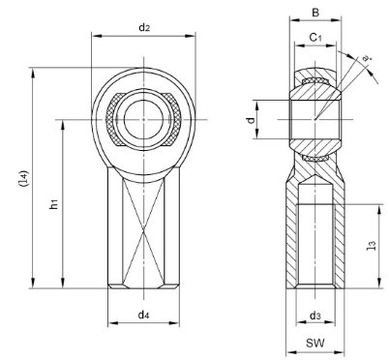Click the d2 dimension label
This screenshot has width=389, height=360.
point(144,28)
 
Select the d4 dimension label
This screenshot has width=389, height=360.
point(143,315)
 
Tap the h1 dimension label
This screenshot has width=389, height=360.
point(54,204)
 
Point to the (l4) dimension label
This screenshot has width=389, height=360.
point(24,178)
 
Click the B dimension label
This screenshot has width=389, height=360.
point(315,13)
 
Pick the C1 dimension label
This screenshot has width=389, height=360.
point(315,38)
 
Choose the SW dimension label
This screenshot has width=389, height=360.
point(315,343)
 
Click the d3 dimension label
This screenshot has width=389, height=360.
point(315,316)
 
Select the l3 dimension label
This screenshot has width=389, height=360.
point(372,246)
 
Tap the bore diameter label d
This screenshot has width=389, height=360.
point(251,120)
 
